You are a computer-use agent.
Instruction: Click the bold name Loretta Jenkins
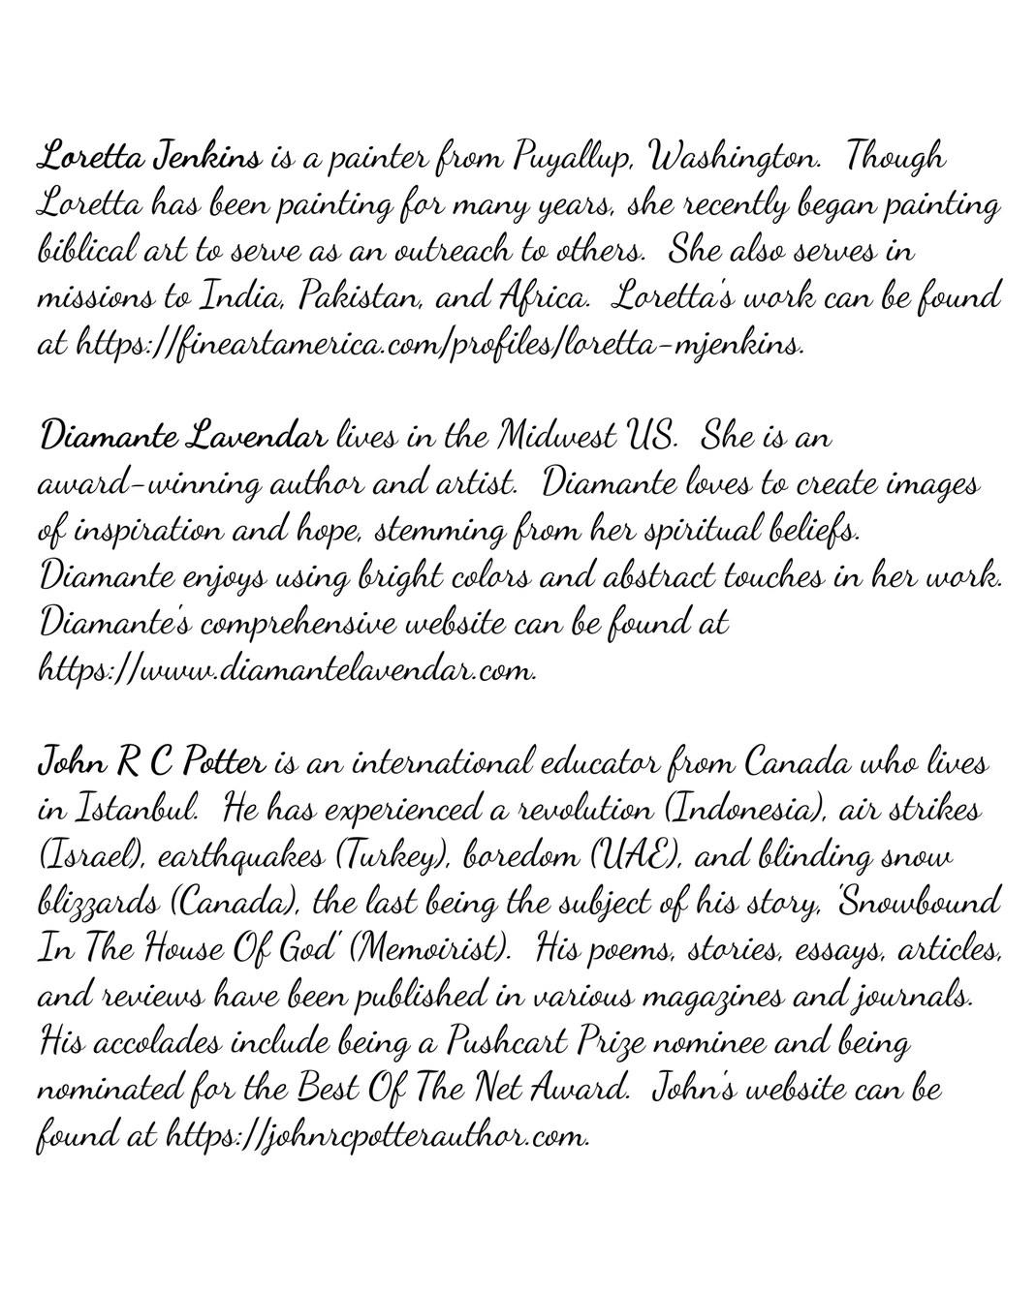150,157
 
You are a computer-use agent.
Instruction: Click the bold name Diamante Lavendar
182,438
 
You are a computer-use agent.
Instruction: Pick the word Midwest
554,438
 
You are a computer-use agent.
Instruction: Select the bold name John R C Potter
150,763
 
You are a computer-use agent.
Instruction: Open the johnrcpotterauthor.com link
378,1135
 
